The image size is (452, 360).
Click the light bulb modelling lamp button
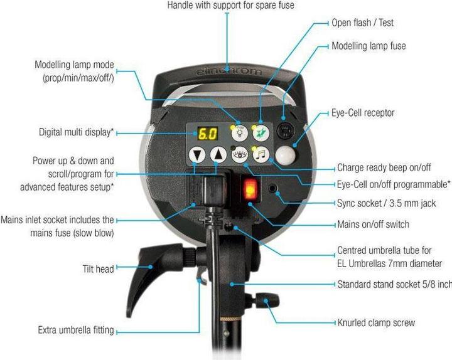coord(240,132)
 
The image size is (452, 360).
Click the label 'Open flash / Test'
coord(363,23)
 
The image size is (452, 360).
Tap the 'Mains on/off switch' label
coord(373,224)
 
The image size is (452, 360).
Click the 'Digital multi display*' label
coord(75,133)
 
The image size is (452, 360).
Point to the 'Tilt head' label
coord(98,269)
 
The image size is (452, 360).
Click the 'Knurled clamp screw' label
coord(376,323)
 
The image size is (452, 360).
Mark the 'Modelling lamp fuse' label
coord(369,46)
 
